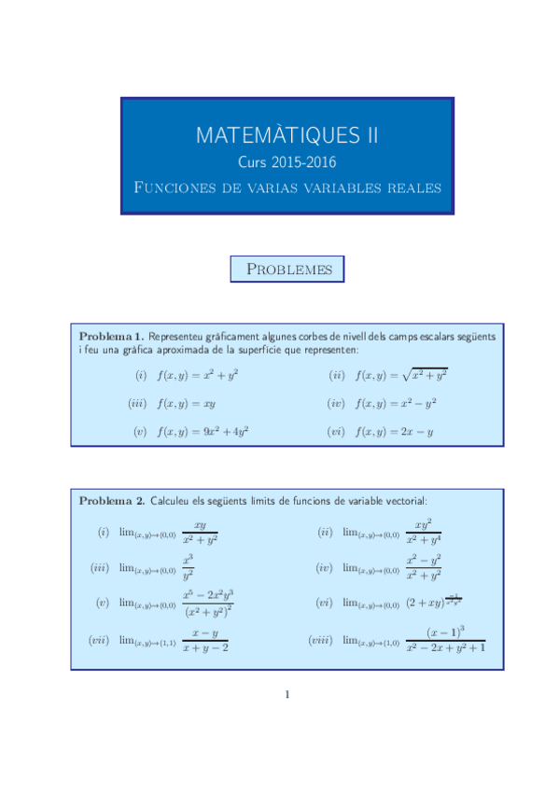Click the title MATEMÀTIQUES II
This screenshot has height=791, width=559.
coord(286,136)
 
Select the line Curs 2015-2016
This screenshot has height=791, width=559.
coord(286,162)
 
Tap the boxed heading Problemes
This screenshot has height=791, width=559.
coord(287,270)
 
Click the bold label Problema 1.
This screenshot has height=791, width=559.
coord(111,336)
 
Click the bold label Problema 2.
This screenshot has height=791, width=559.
coord(111,501)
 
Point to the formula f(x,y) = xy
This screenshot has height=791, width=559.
coord(187,404)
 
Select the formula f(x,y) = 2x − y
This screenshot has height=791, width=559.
coord(395,432)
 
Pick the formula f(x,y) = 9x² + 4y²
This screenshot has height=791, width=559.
coord(203,432)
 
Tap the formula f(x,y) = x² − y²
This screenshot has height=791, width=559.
coord(396,404)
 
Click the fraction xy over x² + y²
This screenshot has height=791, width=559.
coord(200,533)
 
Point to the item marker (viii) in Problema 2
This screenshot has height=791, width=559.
coord(322,640)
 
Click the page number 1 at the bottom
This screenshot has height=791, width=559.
coord(287,694)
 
